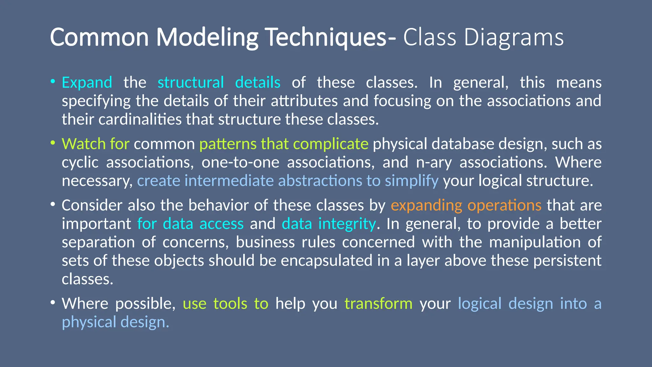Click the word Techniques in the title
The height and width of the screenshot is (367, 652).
tap(326, 38)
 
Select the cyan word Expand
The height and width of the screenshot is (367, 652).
tap(87, 83)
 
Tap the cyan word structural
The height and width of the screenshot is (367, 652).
tap(191, 83)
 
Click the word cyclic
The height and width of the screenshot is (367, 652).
tap(80, 162)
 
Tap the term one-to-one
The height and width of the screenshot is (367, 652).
tap(240, 162)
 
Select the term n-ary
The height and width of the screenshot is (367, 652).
tap(434, 162)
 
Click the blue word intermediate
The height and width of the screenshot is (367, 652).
tap(229, 181)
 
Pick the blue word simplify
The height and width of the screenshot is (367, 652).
tap(412, 181)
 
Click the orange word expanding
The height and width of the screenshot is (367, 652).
tap(426, 205)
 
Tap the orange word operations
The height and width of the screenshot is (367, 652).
tap(504, 205)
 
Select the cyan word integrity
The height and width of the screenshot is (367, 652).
tap(347, 224)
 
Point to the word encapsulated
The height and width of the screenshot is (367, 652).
tap(327, 261)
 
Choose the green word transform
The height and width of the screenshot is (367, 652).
tap(378, 303)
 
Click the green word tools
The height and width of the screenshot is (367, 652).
tap(230, 303)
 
